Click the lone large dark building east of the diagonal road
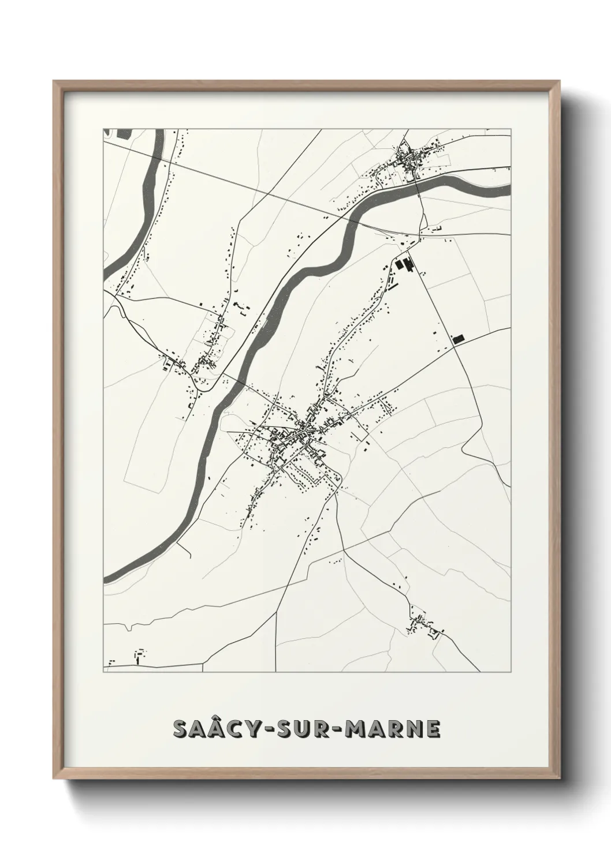(459, 339)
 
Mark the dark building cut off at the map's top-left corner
(124, 133)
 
